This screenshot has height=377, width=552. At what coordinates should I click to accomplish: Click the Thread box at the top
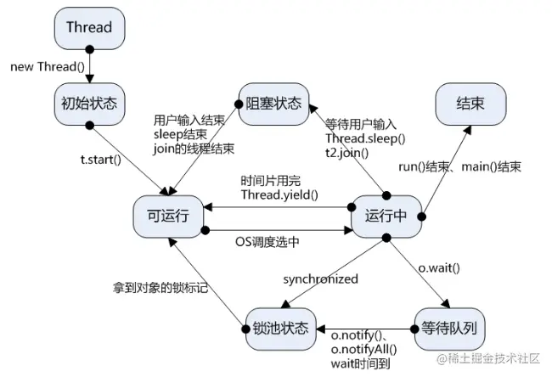[89, 28]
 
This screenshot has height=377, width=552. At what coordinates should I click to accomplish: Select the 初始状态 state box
[89, 104]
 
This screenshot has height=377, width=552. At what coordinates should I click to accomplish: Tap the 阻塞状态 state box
[274, 104]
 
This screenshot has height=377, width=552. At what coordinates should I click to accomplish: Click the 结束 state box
[470, 104]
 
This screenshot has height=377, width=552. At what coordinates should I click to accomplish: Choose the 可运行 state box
[168, 217]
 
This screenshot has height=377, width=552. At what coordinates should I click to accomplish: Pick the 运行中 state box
[386, 217]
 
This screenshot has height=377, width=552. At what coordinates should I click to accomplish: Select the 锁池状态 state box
[280, 329]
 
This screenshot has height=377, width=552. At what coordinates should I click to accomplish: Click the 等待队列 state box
[449, 329]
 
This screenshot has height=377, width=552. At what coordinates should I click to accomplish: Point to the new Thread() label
[48, 66]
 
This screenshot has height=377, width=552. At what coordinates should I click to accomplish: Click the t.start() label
[101, 160]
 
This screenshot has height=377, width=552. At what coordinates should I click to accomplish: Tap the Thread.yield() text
[279, 194]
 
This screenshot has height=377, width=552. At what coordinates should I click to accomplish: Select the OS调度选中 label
[268, 242]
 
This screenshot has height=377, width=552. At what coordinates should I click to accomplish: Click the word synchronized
[320, 279]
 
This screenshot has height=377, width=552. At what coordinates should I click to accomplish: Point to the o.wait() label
[439, 268]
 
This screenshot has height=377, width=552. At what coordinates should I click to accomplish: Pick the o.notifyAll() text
[363, 350]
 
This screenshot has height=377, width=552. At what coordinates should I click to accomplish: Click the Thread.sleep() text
[365, 138]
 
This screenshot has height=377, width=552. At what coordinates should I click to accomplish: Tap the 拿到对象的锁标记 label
[161, 288]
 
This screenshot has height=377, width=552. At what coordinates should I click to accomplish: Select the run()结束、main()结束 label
[459, 166]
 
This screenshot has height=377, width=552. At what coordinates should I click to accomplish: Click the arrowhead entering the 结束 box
[467, 130]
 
